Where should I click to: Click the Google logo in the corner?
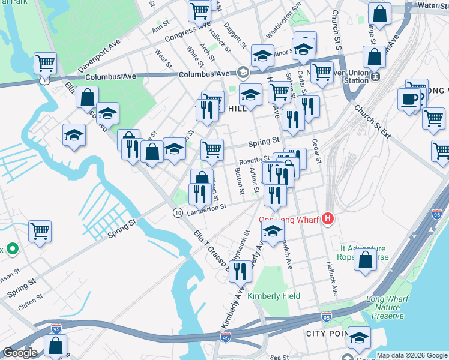pos(20,353)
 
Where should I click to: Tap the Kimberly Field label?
pos(274,296)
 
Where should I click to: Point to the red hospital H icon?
pos(327,219)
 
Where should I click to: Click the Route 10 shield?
pos(178,213)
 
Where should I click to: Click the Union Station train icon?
pos(376,77)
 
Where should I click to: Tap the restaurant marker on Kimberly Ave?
pos(240,271)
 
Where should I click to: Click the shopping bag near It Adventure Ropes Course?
pos(365,260)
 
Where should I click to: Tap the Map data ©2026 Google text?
pos(412,355)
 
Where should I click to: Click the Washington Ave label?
pos(283,21)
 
